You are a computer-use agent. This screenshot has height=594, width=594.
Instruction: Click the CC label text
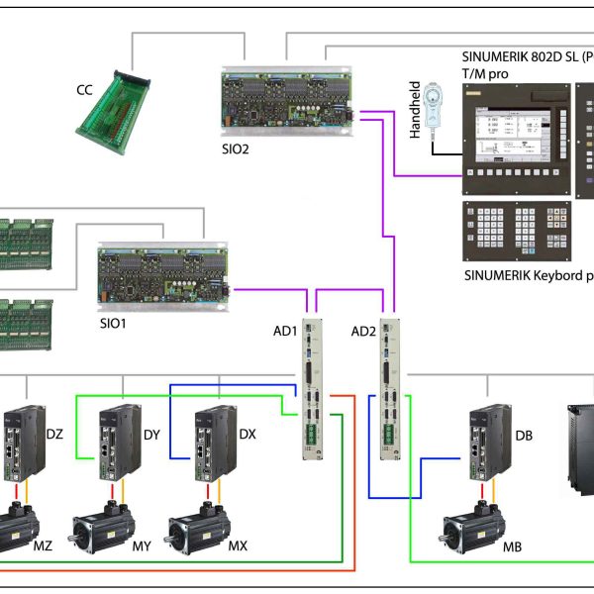[85, 91]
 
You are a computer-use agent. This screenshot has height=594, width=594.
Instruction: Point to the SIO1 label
[113, 323]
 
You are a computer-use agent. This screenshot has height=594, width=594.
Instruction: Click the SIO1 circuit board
[163, 276]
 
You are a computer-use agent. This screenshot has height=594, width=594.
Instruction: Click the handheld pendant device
[434, 104]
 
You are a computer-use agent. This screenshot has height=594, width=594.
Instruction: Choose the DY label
[151, 434]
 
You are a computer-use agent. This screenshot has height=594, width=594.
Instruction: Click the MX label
[238, 545]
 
